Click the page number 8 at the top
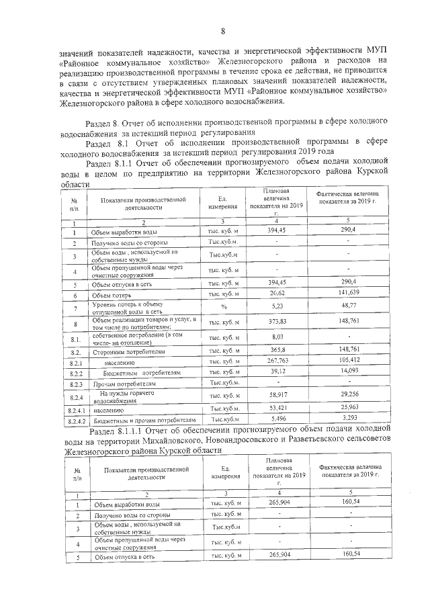222,30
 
